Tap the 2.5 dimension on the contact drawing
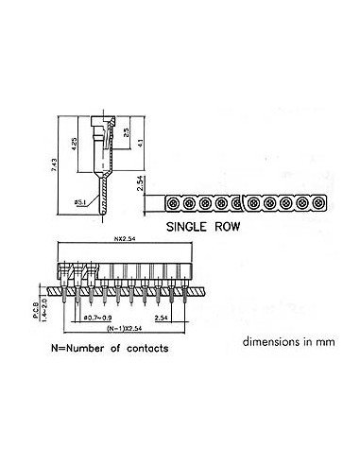coord(128,131)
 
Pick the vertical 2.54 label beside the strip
coord(141,190)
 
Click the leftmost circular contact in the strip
coord(173,202)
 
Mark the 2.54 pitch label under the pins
coord(163,318)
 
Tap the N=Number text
coord(78,349)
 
